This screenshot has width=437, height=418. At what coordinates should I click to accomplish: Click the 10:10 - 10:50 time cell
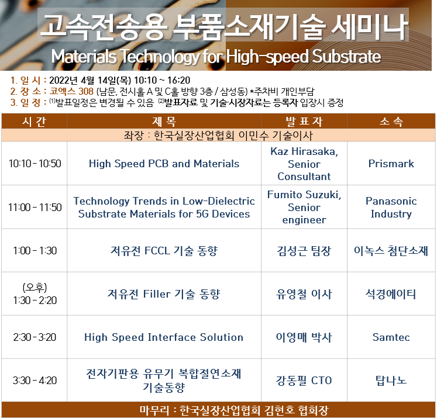click(x=35, y=164)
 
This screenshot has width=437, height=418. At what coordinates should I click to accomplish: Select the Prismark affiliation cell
click(x=391, y=164)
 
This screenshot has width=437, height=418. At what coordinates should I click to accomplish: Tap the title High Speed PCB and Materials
click(x=164, y=164)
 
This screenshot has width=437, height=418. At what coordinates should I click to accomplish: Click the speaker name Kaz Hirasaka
click(x=304, y=151)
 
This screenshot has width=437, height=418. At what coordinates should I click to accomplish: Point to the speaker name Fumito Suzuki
click(x=304, y=194)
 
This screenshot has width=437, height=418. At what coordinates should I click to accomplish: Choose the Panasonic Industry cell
click(x=391, y=207)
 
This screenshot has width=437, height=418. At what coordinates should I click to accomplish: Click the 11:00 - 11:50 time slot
click(x=35, y=207)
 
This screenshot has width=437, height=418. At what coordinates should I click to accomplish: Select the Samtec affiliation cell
click(x=391, y=337)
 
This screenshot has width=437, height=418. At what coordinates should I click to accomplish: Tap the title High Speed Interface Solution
click(x=164, y=337)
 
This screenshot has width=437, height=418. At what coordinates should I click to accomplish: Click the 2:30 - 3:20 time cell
click(x=35, y=337)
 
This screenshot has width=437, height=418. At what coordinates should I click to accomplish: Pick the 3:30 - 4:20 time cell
click(x=35, y=381)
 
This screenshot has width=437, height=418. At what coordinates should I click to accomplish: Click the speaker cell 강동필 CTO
click(x=304, y=381)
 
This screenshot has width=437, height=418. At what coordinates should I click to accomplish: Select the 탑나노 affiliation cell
click(x=391, y=381)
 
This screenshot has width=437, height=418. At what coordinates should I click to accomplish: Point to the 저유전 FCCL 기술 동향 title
click(x=164, y=251)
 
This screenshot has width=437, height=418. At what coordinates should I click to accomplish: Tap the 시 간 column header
click(x=34, y=122)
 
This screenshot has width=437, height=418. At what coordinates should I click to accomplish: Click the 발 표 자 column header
click(x=304, y=122)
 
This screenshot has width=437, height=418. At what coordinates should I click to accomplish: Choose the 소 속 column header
click(x=391, y=122)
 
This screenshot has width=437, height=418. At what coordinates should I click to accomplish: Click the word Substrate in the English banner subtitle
click(x=346, y=57)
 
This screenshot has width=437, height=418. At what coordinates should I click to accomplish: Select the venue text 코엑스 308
click(x=71, y=91)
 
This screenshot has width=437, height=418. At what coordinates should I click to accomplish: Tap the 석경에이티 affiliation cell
click(x=391, y=294)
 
